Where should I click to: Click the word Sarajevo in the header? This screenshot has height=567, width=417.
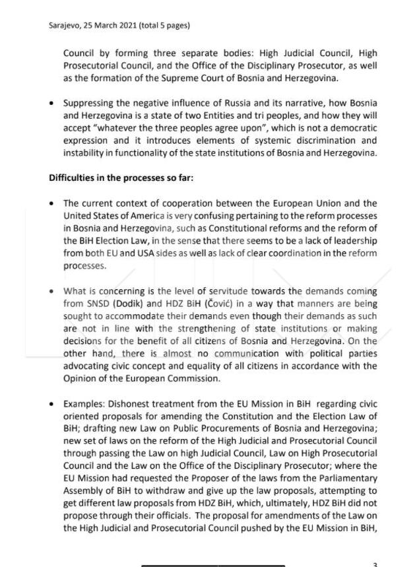coord(65,26)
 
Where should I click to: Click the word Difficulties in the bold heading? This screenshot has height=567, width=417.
coord(71,178)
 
